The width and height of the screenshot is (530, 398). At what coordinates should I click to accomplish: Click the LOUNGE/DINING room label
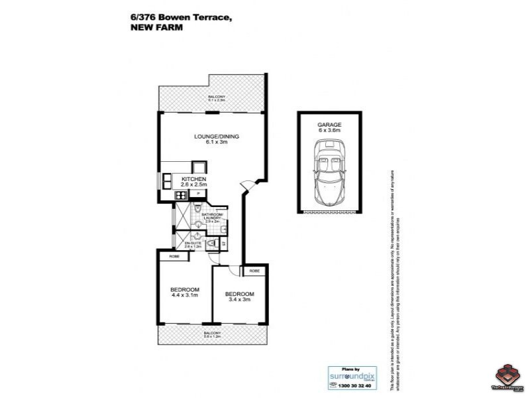pos(216,137)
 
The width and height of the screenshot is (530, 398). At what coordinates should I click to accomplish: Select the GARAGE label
pos(329,124)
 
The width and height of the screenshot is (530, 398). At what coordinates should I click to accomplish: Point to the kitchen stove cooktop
pos(180,195)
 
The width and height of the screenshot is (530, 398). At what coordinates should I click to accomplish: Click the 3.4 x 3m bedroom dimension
pos(238,300)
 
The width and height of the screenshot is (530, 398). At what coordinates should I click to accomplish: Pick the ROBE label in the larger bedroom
pos(174,257)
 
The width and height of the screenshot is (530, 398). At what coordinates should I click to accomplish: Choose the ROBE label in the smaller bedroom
pos(254,271)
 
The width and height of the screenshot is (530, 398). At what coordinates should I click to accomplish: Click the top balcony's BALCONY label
pos(215,98)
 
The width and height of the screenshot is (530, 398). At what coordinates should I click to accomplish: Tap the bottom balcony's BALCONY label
pos(212,333)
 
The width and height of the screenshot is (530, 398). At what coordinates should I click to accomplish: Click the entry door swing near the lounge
pos(246,188)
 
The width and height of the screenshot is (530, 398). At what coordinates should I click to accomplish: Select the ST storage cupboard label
pos(224,245)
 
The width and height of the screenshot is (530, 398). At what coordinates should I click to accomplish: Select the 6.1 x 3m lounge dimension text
pos(216,143)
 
